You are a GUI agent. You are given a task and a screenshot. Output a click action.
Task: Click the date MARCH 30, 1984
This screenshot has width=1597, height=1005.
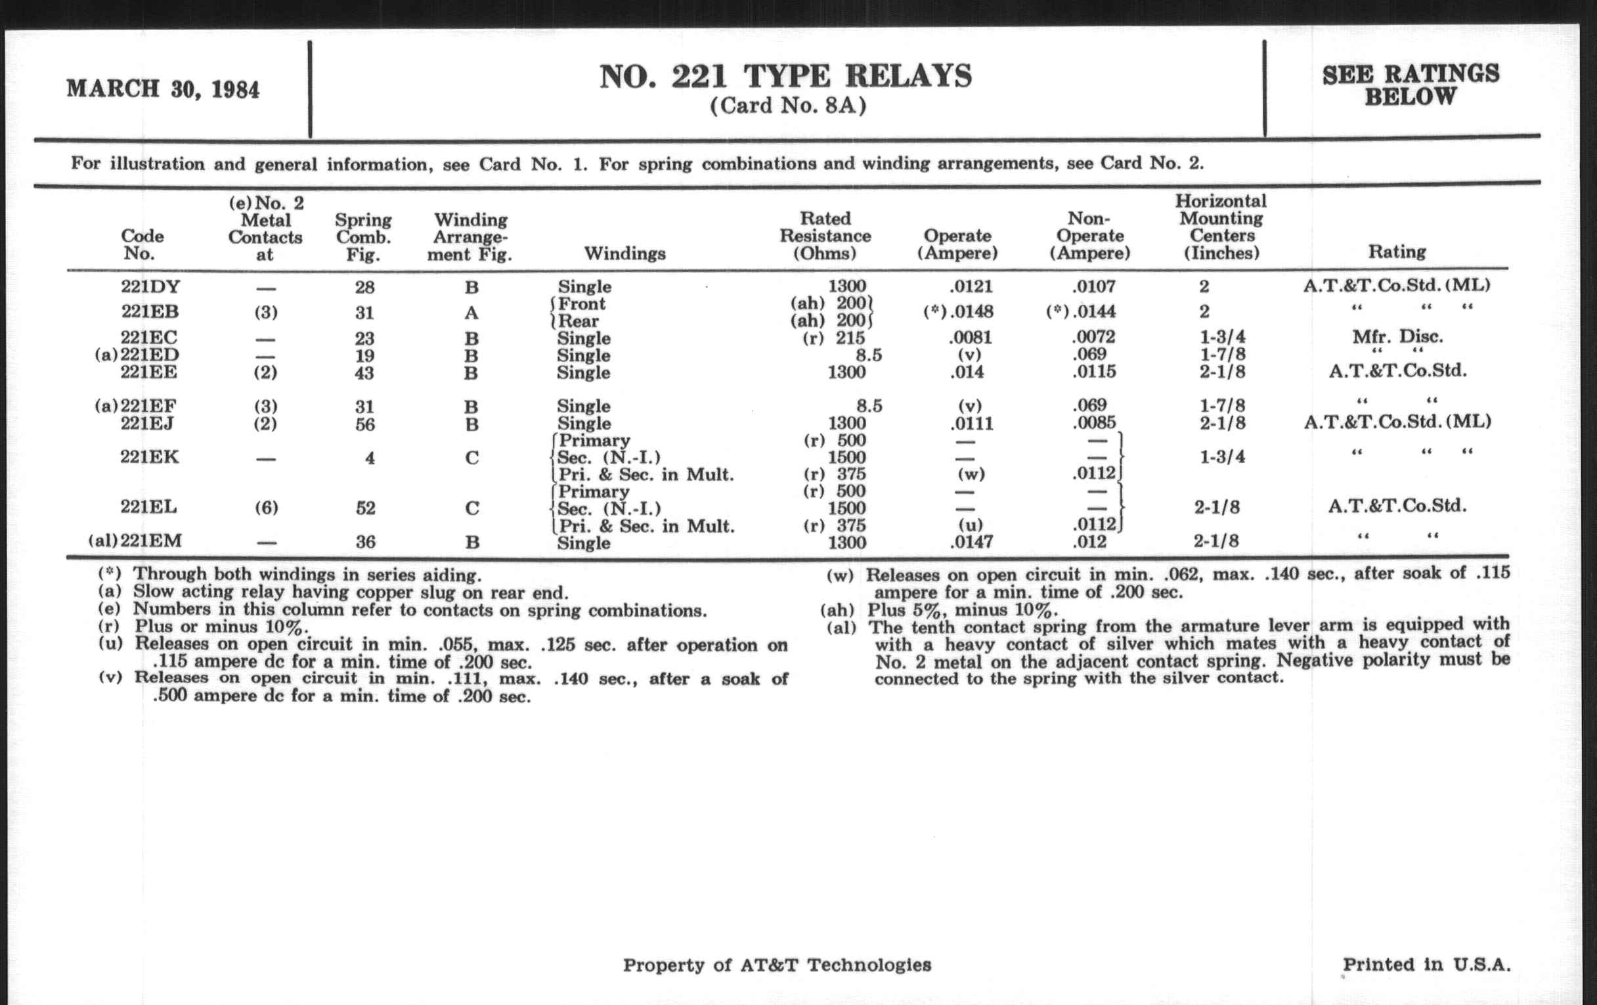[x=162, y=89]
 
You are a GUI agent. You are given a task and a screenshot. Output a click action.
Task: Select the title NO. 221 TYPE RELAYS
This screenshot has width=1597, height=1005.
[x=786, y=77]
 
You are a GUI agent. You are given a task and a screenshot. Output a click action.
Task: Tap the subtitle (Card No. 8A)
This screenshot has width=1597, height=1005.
[x=788, y=106]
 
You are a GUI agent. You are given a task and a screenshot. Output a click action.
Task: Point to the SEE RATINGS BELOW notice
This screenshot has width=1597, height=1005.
[x=1410, y=85]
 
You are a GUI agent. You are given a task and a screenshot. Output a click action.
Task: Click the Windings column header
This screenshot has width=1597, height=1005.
[x=624, y=254]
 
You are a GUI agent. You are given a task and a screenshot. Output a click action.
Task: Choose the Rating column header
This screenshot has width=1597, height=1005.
[x=1397, y=252]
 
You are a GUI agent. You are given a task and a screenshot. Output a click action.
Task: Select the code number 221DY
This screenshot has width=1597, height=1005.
[x=150, y=286]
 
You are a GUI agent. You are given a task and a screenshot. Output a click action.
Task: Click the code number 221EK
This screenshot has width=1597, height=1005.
[x=149, y=457]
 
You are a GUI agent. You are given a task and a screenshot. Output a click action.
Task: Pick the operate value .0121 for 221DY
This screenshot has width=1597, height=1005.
[x=971, y=286]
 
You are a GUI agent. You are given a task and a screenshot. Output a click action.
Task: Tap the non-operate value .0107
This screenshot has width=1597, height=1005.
[x=1093, y=286]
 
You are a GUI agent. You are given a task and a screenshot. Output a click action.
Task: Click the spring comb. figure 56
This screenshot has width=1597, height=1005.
[x=364, y=424]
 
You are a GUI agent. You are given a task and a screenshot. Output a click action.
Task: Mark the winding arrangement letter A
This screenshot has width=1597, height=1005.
[x=471, y=313]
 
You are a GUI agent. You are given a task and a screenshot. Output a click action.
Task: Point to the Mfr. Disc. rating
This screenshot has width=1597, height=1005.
[x=1397, y=336]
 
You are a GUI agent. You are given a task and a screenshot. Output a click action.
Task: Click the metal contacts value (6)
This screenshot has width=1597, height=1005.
[x=266, y=508]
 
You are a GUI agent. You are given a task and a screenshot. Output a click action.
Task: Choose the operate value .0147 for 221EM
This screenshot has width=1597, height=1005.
[x=971, y=543]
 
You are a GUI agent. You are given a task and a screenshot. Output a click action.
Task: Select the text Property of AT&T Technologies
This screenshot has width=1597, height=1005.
[x=777, y=965]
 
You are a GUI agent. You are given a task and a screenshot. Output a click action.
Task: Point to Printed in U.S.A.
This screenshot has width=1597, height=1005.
[x=1426, y=964]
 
